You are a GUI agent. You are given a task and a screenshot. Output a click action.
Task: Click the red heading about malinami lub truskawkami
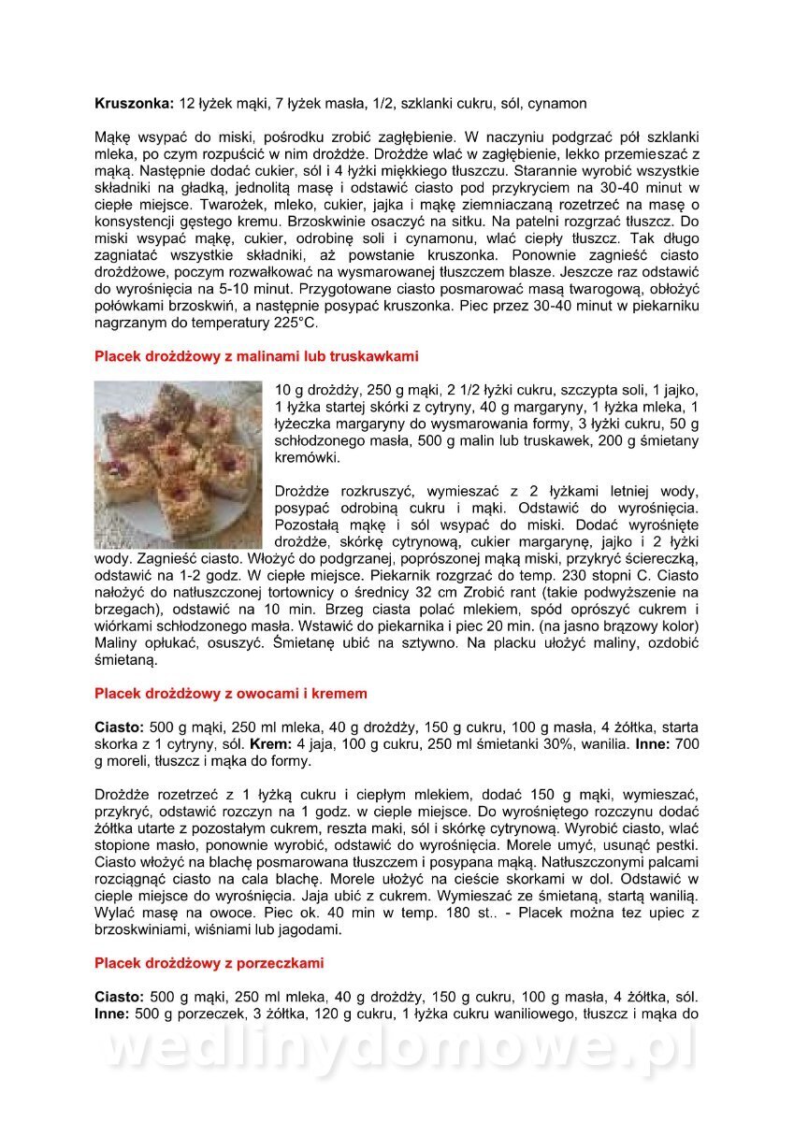(256, 356)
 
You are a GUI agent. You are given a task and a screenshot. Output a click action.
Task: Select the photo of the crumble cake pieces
(179, 464)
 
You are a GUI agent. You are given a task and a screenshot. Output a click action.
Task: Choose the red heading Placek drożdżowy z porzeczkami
(209, 962)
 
